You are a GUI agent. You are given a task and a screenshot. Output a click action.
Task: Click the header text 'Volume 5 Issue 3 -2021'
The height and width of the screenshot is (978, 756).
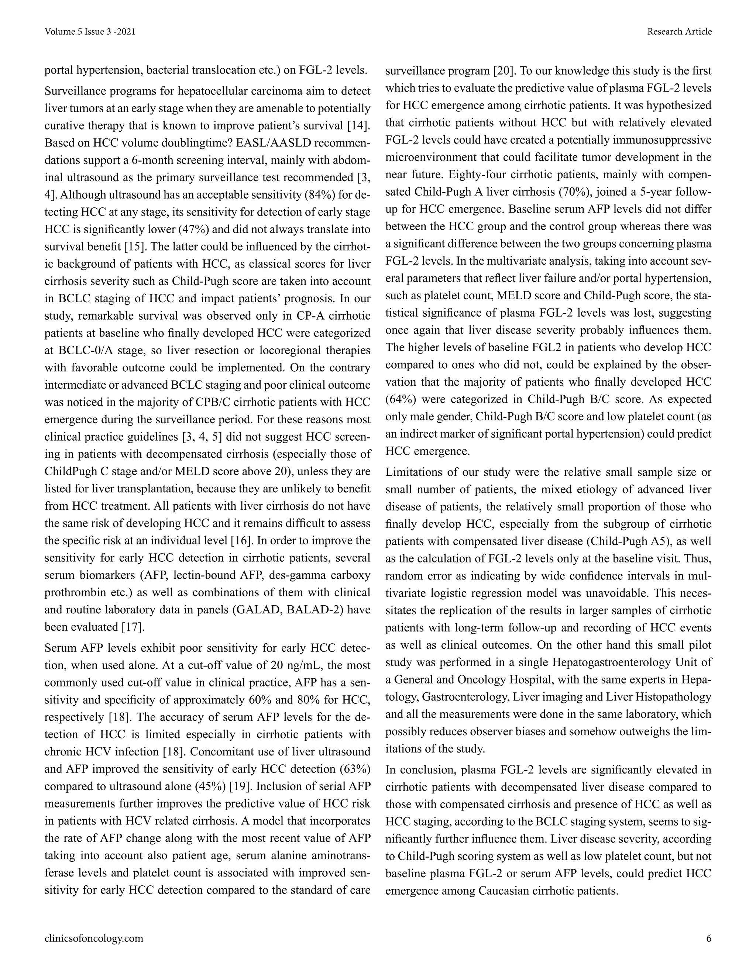90,31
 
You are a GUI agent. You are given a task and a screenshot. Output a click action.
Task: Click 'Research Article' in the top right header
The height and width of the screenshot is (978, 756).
679,31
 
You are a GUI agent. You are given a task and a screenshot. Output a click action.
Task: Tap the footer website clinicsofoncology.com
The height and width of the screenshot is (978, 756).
94,938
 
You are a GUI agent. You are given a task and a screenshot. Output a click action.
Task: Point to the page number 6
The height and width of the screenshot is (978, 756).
708,938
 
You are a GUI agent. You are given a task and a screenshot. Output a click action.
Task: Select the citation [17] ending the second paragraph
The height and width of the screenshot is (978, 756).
133,627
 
